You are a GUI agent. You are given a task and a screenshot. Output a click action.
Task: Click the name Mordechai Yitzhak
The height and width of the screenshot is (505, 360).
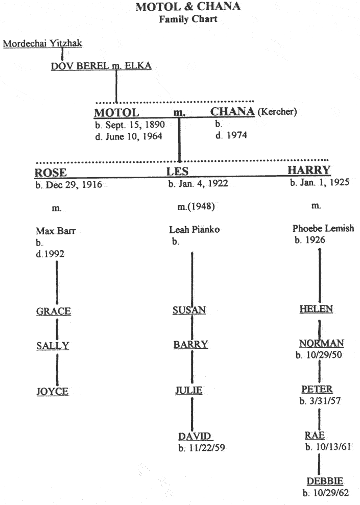(x=42, y=43)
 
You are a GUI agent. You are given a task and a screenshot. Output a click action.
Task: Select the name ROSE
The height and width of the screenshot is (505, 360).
(x=51, y=173)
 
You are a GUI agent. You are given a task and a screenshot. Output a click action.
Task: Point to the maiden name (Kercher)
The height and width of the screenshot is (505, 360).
(x=277, y=112)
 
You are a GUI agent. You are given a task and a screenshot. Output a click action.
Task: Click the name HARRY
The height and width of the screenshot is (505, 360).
(x=309, y=170)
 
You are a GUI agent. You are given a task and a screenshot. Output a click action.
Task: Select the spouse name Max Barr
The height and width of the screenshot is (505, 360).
(x=56, y=231)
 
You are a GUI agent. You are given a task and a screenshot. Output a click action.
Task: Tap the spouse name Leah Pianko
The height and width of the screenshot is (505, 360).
(x=195, y=230)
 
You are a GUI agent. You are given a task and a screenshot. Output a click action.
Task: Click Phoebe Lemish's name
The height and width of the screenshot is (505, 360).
(x=323, y=228)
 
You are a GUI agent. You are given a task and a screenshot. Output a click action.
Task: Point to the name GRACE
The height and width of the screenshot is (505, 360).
(x=54, y=311)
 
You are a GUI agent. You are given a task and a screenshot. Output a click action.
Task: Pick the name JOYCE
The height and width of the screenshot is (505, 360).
(x=52, y=391)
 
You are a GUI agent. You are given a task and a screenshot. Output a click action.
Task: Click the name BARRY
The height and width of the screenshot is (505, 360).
(x=190, y=345)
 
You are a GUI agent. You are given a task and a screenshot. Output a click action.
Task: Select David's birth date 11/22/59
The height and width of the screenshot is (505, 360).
(x=206, y=448)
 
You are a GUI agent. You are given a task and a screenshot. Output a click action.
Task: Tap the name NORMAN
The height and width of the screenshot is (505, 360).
(x=321, y=343)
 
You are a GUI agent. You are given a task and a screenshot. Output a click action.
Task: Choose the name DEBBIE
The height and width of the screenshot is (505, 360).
(x=325, y=481)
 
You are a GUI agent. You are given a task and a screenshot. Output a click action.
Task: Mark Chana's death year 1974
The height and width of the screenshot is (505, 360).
(x=236, y=135)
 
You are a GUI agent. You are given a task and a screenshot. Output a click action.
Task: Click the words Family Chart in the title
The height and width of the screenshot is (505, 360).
(x=188, y=19)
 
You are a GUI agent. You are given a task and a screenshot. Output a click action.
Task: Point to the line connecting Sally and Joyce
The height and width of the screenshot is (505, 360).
(x=57, y=370)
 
